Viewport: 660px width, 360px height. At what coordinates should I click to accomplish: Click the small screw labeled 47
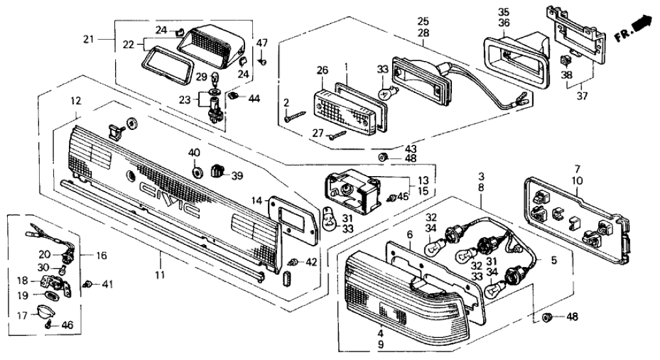(261, 62)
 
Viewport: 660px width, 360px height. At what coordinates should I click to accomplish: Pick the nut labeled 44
(233, 97)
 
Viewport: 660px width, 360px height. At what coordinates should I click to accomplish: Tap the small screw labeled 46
(50, 325)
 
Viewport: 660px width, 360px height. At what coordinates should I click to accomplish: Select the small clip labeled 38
(564, 60)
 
